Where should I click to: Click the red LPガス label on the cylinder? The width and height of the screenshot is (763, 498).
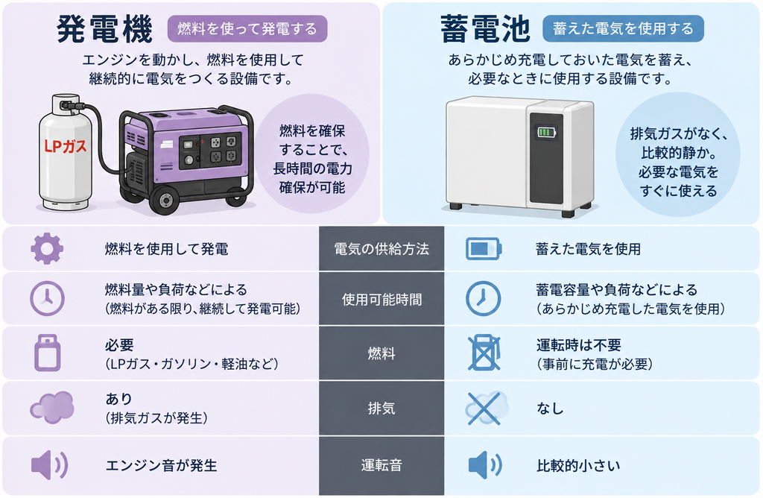pos(66,145)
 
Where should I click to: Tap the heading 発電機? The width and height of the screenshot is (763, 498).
pos(104,29)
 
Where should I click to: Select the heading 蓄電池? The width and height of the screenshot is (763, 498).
pos(484,29)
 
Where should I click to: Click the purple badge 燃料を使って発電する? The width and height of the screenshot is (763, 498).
pos(247,29)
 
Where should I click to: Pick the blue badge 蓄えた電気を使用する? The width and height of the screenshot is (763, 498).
pos(623,29)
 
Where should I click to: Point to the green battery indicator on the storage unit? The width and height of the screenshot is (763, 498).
pos(546,132)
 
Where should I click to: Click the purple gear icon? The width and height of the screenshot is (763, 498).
pos(47,248)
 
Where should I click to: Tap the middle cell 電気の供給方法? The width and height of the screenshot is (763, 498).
pos(381,249)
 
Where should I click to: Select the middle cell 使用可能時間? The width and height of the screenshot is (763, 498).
pos(381,299)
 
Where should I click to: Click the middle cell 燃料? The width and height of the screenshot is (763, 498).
pos(381,353)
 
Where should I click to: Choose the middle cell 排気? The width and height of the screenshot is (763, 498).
pos(381,408)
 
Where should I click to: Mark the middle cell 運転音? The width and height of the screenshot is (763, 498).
pos(381,465)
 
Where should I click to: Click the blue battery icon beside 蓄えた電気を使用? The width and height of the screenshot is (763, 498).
pos(484,249)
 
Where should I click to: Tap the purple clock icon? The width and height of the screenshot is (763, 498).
pos(47,298)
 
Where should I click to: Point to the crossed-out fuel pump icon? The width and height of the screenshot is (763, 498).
pos(484,353)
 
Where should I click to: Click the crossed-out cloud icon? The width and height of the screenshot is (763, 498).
pos(486,408)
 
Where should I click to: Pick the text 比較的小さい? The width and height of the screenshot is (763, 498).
pos(578,466)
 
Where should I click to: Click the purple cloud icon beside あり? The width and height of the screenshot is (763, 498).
pos(52,407)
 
